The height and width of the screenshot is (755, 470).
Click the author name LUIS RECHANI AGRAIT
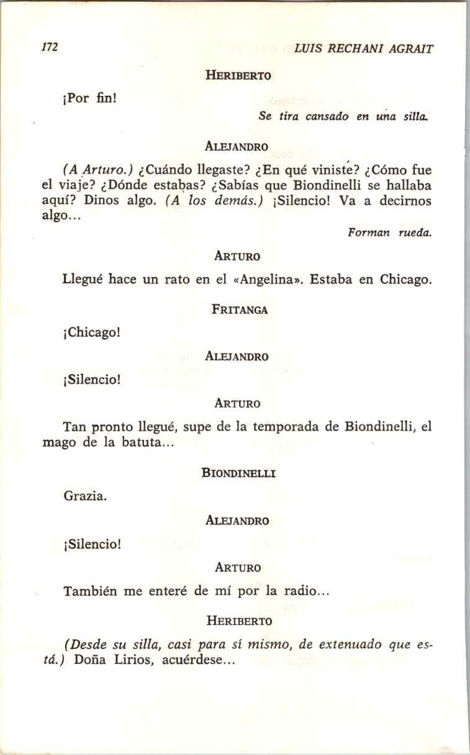click(x=363, y=48)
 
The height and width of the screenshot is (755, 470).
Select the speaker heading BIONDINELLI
click(x=238, y=473)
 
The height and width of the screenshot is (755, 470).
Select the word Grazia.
click(x=84, y=496)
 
